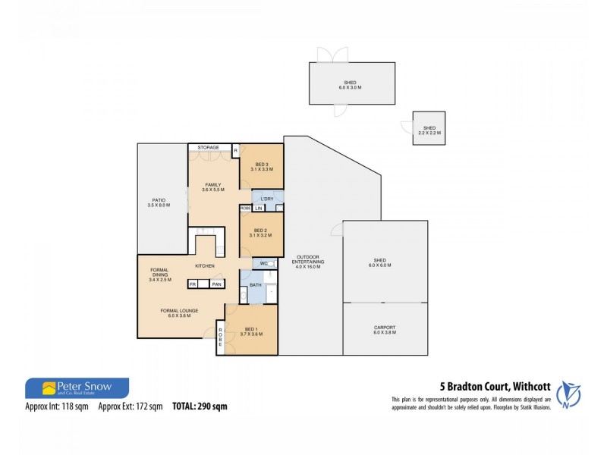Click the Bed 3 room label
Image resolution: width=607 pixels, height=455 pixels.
coord(262,168)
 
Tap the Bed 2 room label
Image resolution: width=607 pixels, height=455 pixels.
coord(260,233)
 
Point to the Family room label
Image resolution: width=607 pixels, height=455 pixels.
coord(212,187)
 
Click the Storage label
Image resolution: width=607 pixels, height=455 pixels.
coord(209,147)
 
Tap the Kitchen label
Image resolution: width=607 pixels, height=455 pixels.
coord(205,265)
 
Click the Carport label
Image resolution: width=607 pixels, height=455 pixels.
coord(384,330)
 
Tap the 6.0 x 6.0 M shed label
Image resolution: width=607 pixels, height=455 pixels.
coord(384,264)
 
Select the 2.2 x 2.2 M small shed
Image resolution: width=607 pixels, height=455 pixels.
coord(429,130)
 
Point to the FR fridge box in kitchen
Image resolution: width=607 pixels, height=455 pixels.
coord(193,284)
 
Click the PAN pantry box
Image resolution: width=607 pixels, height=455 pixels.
coord(216,284)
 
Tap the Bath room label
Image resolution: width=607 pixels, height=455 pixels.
coord(256,285)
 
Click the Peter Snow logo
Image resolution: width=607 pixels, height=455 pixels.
coord(77,388)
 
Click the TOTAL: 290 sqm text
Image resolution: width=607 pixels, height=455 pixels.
coord(200,406)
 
